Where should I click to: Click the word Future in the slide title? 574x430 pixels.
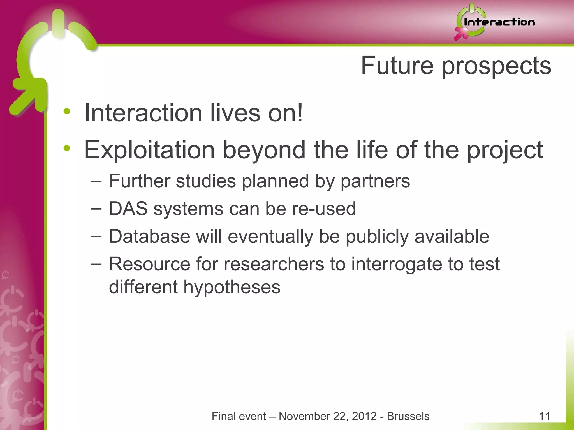397,66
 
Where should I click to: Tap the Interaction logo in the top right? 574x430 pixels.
495,22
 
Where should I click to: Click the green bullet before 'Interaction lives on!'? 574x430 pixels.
67,111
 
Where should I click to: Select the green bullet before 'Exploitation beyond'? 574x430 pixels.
67,148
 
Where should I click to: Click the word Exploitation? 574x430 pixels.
149,150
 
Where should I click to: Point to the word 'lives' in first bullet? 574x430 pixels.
235,113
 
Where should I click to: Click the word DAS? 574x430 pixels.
128,209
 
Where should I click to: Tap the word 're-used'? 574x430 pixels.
324,209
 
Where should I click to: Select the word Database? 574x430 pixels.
149,237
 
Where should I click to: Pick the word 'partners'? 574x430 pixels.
375,181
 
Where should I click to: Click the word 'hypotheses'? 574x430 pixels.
232,288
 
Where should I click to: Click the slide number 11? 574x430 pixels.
544,416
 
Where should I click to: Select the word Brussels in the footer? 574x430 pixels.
408,416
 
